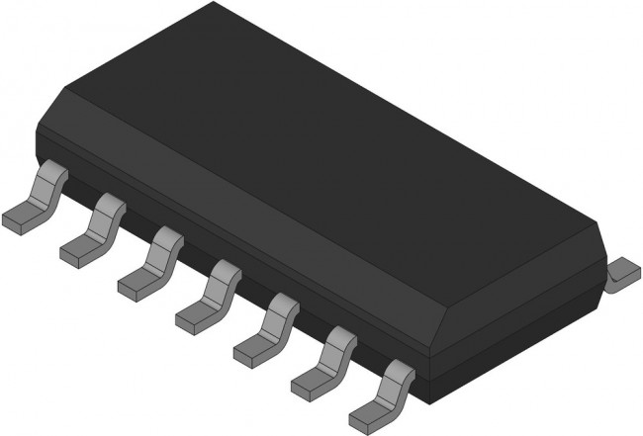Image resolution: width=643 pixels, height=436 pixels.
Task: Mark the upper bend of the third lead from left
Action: click(x=165, y=238)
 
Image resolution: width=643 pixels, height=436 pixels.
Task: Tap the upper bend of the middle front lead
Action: click(x=224, y=271)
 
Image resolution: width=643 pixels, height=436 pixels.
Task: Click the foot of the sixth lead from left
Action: click(x=313, y=378)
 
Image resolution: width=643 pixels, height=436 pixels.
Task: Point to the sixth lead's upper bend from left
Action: click(x=340, y=336)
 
